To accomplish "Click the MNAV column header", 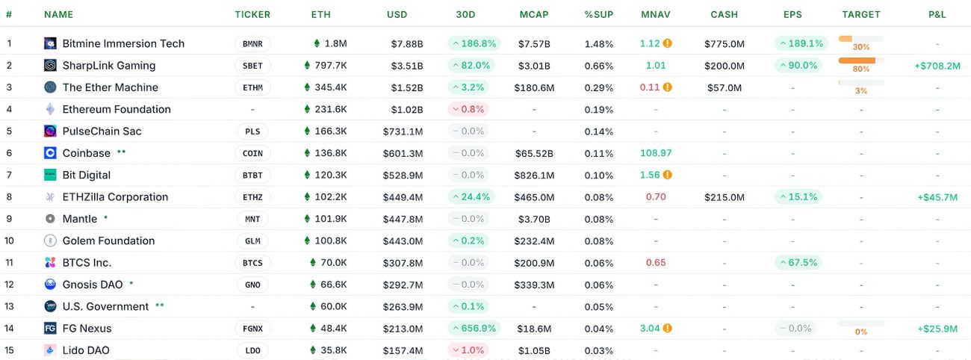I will point(656,14).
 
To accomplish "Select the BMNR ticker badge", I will point(252,43).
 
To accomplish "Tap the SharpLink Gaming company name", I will point(109,66).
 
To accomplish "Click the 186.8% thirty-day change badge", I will point(474,43).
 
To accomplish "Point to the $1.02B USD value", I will point(407,109).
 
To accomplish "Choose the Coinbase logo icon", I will point(50,153).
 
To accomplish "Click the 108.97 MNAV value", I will point(656,153).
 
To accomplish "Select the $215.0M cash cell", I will point(724,197).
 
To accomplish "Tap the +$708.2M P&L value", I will point(937,66).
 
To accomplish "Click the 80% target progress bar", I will point(860,60).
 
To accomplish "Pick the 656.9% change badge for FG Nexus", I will point(474,329).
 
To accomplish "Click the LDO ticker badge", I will point(252,350).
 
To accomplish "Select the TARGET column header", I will point(860,14).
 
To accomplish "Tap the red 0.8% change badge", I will point(468,109).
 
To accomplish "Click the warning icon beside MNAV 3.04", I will point(668,329).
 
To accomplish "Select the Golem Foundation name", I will point(108,241).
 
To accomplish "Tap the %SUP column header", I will point(599,14).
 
